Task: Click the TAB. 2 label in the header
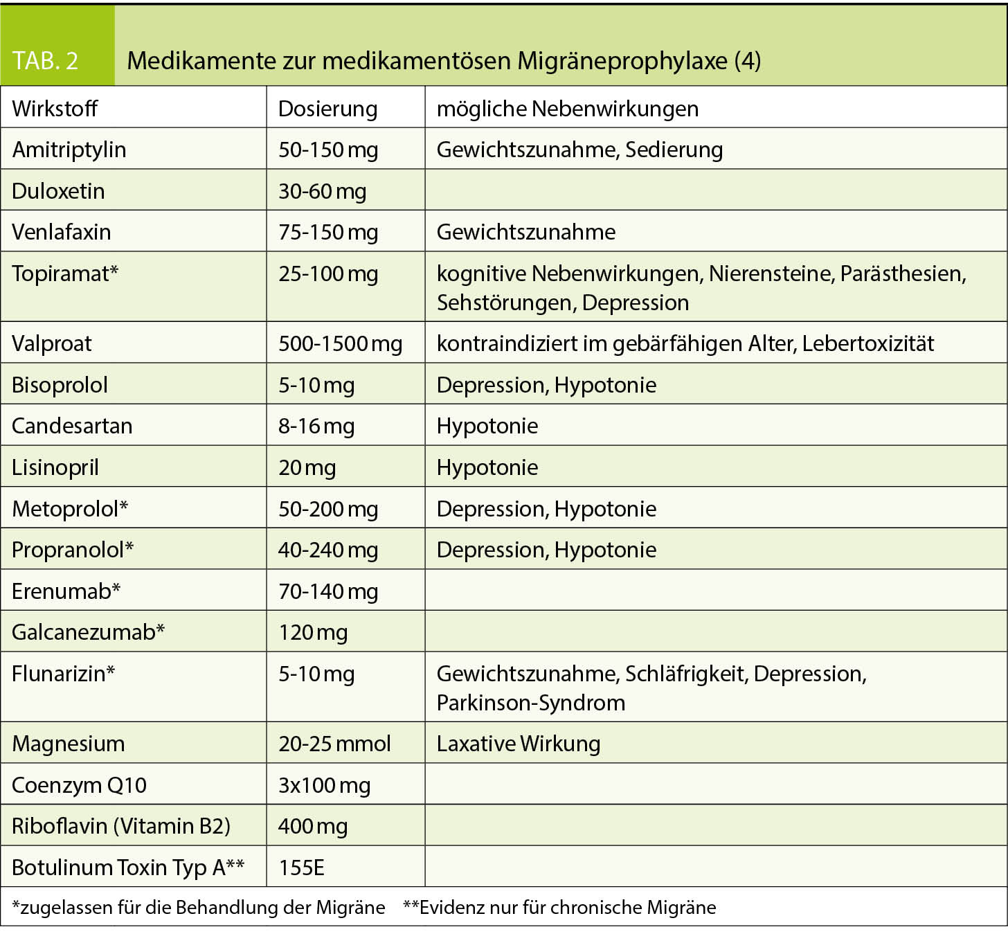click(46, 61)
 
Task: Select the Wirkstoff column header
click(55, 109)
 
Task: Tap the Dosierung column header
click(327, 109)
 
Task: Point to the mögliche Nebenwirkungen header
click(567, 109)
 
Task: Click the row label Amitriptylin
click(69, 150)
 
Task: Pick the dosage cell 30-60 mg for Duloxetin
click(322, 191)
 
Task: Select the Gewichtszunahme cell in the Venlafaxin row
click(525, 232)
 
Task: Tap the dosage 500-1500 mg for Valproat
click(340, 343)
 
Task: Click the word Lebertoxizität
click(868, 343)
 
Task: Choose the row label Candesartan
click(72, 426)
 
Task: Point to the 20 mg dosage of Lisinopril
click(307, 467)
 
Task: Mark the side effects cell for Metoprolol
click(546, 509)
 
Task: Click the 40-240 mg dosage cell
click(327, 550)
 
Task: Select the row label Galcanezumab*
click(88, 632)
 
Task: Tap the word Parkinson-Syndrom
click(530, 703)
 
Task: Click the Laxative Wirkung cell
click(518, 744)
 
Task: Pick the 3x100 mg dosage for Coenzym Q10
click(324, 785)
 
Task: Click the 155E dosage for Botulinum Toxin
click(301, 868)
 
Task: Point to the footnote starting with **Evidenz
click(559, 908)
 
